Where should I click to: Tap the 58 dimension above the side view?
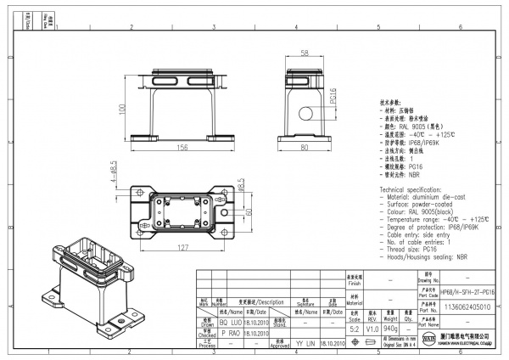coord(305,53)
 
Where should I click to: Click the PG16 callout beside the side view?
coord(333,100)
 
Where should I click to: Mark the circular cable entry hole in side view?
coord(305,113)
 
